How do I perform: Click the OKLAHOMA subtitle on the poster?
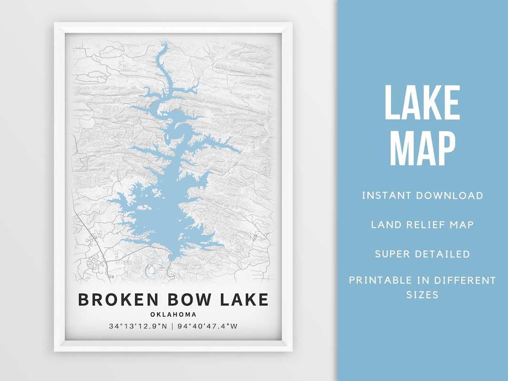click(174, 315)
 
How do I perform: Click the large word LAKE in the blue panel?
click(422, 103)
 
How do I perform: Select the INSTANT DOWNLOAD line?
click(422, 195)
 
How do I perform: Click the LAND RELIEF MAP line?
click(422, 224)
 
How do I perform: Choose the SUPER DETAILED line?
click(422, 254)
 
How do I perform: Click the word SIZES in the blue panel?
click(422, 295)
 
